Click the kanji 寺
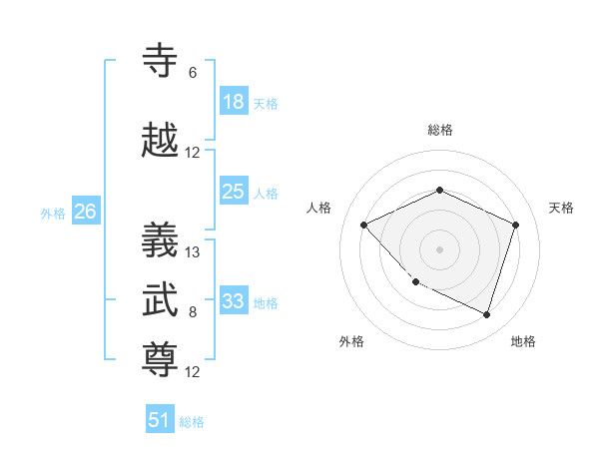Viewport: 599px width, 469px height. (162, 61)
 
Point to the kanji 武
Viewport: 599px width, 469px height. (162, 299)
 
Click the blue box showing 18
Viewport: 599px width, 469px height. (234, 102)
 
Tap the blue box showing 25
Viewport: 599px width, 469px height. (234, 192)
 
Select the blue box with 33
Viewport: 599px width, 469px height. (234, 301)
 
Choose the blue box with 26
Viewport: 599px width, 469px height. (85, 212)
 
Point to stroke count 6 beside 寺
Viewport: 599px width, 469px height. (193, 73)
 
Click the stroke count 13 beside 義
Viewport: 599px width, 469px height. (193, 251)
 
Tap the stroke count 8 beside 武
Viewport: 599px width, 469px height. (193, 312)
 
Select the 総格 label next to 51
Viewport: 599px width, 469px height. (192, 422)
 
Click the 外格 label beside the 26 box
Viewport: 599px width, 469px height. (52, 214)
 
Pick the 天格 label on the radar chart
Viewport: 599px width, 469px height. (561, 208)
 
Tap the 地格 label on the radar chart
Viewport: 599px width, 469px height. (523, 341)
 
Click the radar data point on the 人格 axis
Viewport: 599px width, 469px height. (364, 225)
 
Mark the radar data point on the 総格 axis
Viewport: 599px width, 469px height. (439, 190)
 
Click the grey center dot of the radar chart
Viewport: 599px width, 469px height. (439, 248)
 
